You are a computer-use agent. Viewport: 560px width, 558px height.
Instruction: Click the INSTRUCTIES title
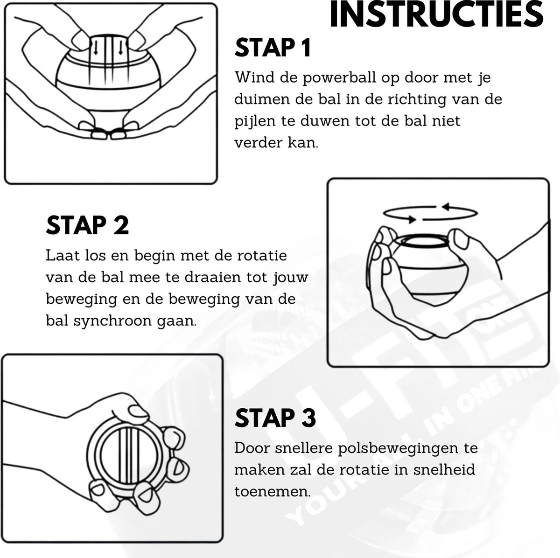pyautogui.click(x=436, y=14)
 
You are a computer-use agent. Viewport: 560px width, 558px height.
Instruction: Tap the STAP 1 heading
pyautogui.click(x=273, y=48)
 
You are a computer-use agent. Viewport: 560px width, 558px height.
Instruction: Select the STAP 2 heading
pyautogui.click(x=87, y=225)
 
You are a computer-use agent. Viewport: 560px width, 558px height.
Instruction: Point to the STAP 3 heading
pyautogui.click(x=275, y=418)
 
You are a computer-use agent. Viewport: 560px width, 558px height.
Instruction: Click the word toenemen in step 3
pyautogui.click(x=272, y=491)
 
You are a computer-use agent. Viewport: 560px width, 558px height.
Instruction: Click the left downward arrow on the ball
pyautogui.click(x=96, y=48)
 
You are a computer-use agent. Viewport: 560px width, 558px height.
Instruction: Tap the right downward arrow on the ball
pyautogui.click(x=120, y=48)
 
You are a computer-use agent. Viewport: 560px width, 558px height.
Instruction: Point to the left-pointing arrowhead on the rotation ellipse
pyautogui.click(x=447, y=207)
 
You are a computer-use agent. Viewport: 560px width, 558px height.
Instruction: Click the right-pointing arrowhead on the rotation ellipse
pyautogui.click(x=411, y=219)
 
